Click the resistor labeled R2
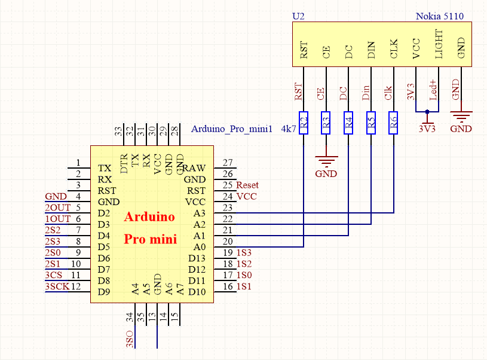[x=304, y=123]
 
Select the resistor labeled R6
[x=393, y=123]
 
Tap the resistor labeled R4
[x=348, y=123]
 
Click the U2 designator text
[x=298, y=16]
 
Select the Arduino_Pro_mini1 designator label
[x=232, y=129]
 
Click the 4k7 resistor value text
[x=288, y=129]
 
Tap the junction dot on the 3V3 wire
[x=427, y=112]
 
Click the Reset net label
[x=248, y=185]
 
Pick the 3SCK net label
[x=57, y=286]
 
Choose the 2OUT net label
[x=57, y=208]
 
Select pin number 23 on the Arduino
[x=227, y=208]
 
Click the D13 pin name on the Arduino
[x=197, y=258]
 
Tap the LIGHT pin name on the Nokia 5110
[x=439, y=44]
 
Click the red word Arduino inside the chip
[x=149, y=217]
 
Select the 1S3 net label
[x=244, y=253]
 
